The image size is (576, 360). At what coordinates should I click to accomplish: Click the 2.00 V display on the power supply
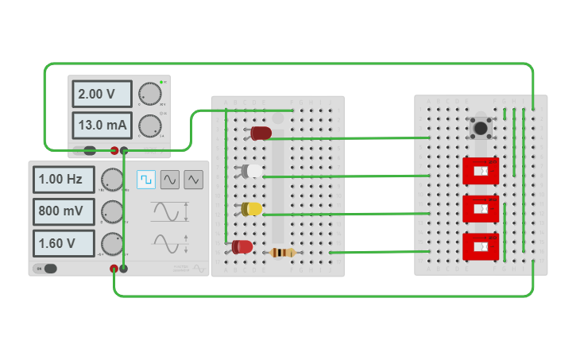click(102, 94)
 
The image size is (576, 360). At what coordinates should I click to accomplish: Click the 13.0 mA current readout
click(102, 126)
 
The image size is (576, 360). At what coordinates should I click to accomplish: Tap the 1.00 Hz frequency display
click(64, 180)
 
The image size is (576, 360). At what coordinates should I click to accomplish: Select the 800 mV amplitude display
click(64, 211)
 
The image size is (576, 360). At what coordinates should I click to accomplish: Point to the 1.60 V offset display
click(64, 243)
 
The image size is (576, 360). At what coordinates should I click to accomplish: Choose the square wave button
click(146, 180)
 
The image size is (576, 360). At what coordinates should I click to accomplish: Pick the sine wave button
click(170, 180)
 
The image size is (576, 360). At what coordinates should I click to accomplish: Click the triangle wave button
click(193, 180)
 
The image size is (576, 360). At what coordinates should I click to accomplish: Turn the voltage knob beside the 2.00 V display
click(149, 94)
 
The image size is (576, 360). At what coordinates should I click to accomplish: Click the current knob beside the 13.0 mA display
click(149, 126)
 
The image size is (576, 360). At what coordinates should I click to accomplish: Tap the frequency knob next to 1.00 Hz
click(112, 180)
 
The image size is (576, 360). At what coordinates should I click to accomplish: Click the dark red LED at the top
click(261, 133)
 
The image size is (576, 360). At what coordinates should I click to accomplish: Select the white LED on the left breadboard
click(252, 171)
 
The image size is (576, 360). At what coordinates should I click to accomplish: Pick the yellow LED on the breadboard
click(253, 208)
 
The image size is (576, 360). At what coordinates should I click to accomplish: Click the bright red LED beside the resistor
click(242, 246)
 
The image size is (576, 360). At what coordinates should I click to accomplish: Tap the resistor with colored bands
click(283, 253)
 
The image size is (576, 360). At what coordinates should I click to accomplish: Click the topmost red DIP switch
click(481, 171)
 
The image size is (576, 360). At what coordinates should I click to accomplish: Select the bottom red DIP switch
click(481, 246)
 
